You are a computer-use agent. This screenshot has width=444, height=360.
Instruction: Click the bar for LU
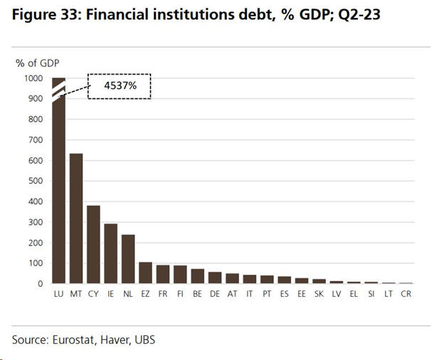click(x=59, y=185)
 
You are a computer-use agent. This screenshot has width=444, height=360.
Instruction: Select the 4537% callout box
click(x=120, y=86)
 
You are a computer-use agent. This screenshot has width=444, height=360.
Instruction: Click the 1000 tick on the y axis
click(x=34, y=79)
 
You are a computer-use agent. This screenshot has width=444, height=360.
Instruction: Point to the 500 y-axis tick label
click(x=36, y=181)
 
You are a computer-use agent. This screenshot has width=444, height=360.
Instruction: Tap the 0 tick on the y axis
click(x=42, y=284)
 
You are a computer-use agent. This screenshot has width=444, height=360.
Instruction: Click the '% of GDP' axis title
click(x=36, y=63)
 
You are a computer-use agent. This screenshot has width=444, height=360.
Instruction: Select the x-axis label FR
click(x=163, y=294)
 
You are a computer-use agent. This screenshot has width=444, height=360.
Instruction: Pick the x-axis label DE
click(x=215, y=294)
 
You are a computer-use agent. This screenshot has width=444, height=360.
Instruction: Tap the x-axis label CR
click(x=406, y=294)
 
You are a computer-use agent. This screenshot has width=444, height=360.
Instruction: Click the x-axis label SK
click(x=319, y=294)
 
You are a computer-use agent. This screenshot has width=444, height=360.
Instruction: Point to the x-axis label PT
click(x=267, y=294)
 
